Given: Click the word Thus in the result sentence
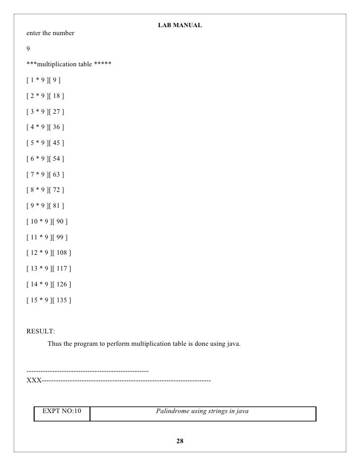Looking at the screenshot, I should [55, 343].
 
